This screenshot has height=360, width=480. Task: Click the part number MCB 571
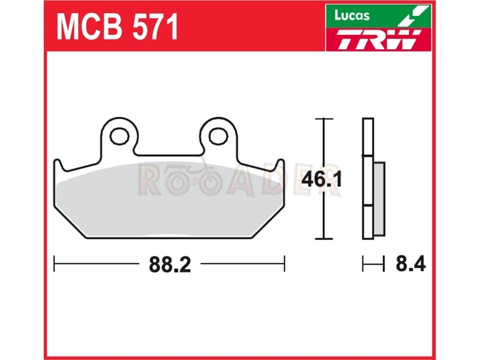coord(117,27)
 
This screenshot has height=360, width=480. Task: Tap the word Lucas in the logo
coord(352,15)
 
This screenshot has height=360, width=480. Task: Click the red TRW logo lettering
coord(379,39)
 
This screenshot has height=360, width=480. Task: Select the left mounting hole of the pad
coord(119,136)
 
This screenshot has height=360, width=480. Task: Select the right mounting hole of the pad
coord(218,136)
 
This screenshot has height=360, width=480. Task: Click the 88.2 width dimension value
coord(170,265)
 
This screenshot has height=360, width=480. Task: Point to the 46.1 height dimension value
coord(322,179)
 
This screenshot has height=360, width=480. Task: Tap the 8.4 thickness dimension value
coord(410,263)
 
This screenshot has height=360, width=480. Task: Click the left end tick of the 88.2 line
coord(54,263)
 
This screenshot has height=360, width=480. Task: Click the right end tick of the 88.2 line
coord(284,263)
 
